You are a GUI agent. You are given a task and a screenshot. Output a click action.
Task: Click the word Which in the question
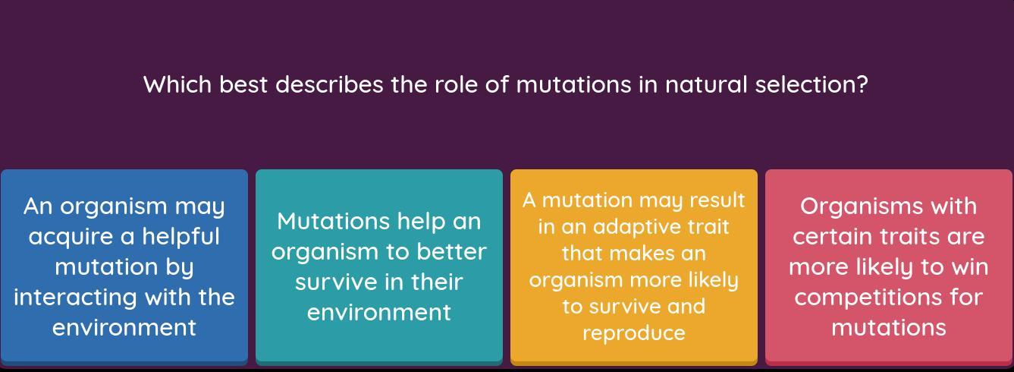click(177, 85)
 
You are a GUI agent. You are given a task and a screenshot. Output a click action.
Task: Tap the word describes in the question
click(330, 85)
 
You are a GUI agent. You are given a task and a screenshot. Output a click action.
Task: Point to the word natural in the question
click(706, 85)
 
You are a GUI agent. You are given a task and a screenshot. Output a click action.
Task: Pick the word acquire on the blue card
click(78, 237)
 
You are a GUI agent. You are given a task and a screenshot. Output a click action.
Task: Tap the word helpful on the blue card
click(181, 236)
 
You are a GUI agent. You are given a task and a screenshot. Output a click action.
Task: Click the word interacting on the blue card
click(75, 298)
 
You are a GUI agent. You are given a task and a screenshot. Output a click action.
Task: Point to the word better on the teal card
click(451, 251)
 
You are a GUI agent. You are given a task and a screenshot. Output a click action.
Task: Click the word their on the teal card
click(437, 282)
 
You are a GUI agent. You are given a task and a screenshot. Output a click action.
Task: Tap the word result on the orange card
click(717, 200)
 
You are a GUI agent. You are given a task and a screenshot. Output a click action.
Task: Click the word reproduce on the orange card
click(634, 334)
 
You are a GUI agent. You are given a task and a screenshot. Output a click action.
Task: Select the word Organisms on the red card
click(862, 207)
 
